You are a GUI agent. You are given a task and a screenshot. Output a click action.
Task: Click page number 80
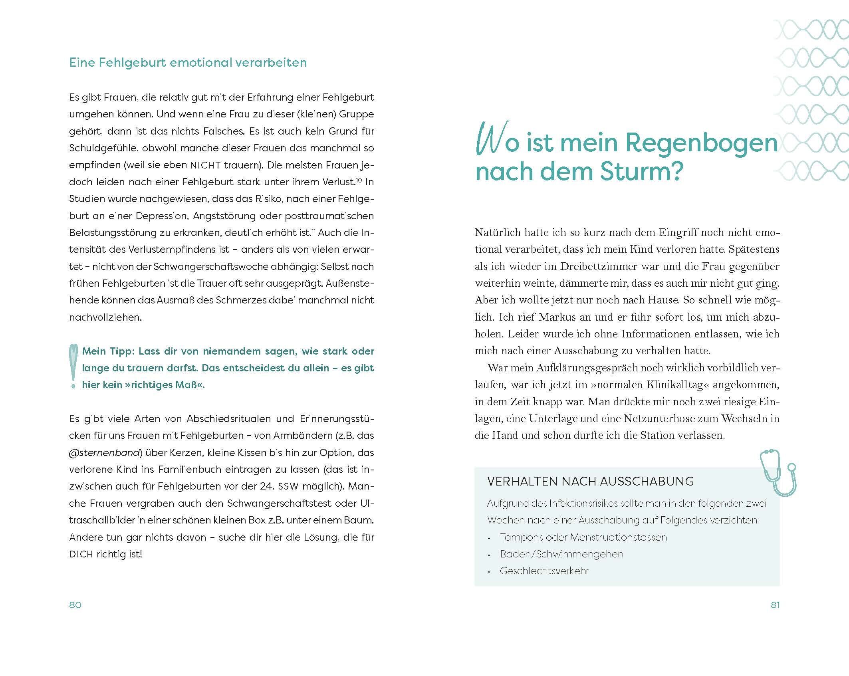[x=75, y=605]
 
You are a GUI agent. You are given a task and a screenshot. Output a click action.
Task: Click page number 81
[x=775, y=605]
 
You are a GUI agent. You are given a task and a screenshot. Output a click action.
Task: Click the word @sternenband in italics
[x=105, y=453]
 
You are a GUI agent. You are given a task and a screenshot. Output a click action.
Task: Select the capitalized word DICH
[x=81, y=554]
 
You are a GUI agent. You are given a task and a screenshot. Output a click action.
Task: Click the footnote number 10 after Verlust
[x=359, y=180]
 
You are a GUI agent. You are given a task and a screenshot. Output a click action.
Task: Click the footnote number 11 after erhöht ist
[x=313, y=231]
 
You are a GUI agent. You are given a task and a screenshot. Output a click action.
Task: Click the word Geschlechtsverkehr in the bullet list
[x=544, y=571]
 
